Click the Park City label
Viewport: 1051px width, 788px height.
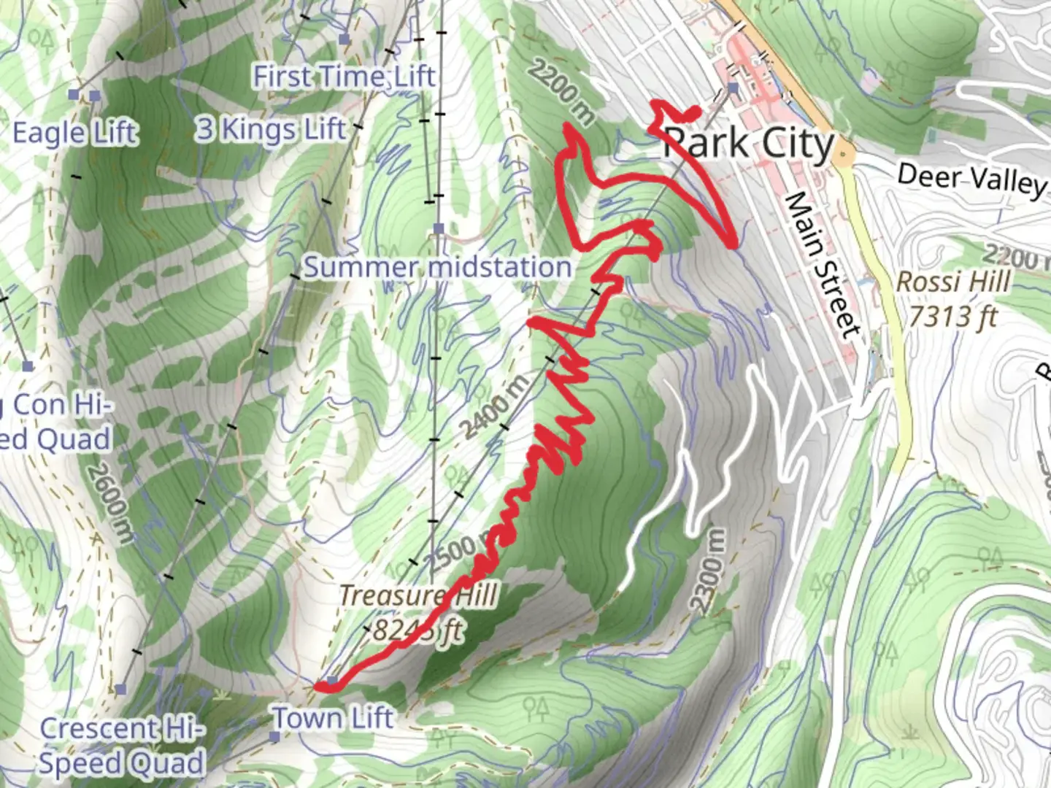749,144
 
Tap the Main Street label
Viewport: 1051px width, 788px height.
823,266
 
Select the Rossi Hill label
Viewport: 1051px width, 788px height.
953,282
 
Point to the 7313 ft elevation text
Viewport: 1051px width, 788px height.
953,317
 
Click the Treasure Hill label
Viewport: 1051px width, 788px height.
418,595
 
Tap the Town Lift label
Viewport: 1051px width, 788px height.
334,719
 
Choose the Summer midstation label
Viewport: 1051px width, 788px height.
437,267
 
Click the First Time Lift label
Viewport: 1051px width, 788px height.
344,76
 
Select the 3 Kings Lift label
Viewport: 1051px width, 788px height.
270,129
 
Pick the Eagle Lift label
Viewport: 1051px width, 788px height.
75,133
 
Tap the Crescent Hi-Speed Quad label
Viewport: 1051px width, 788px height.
121,746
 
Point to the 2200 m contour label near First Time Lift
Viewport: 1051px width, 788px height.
561,91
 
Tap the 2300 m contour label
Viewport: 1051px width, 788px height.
708,571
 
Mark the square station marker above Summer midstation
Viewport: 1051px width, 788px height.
439,228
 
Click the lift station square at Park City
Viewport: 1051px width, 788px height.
733,88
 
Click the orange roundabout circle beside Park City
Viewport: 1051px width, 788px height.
844,155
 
